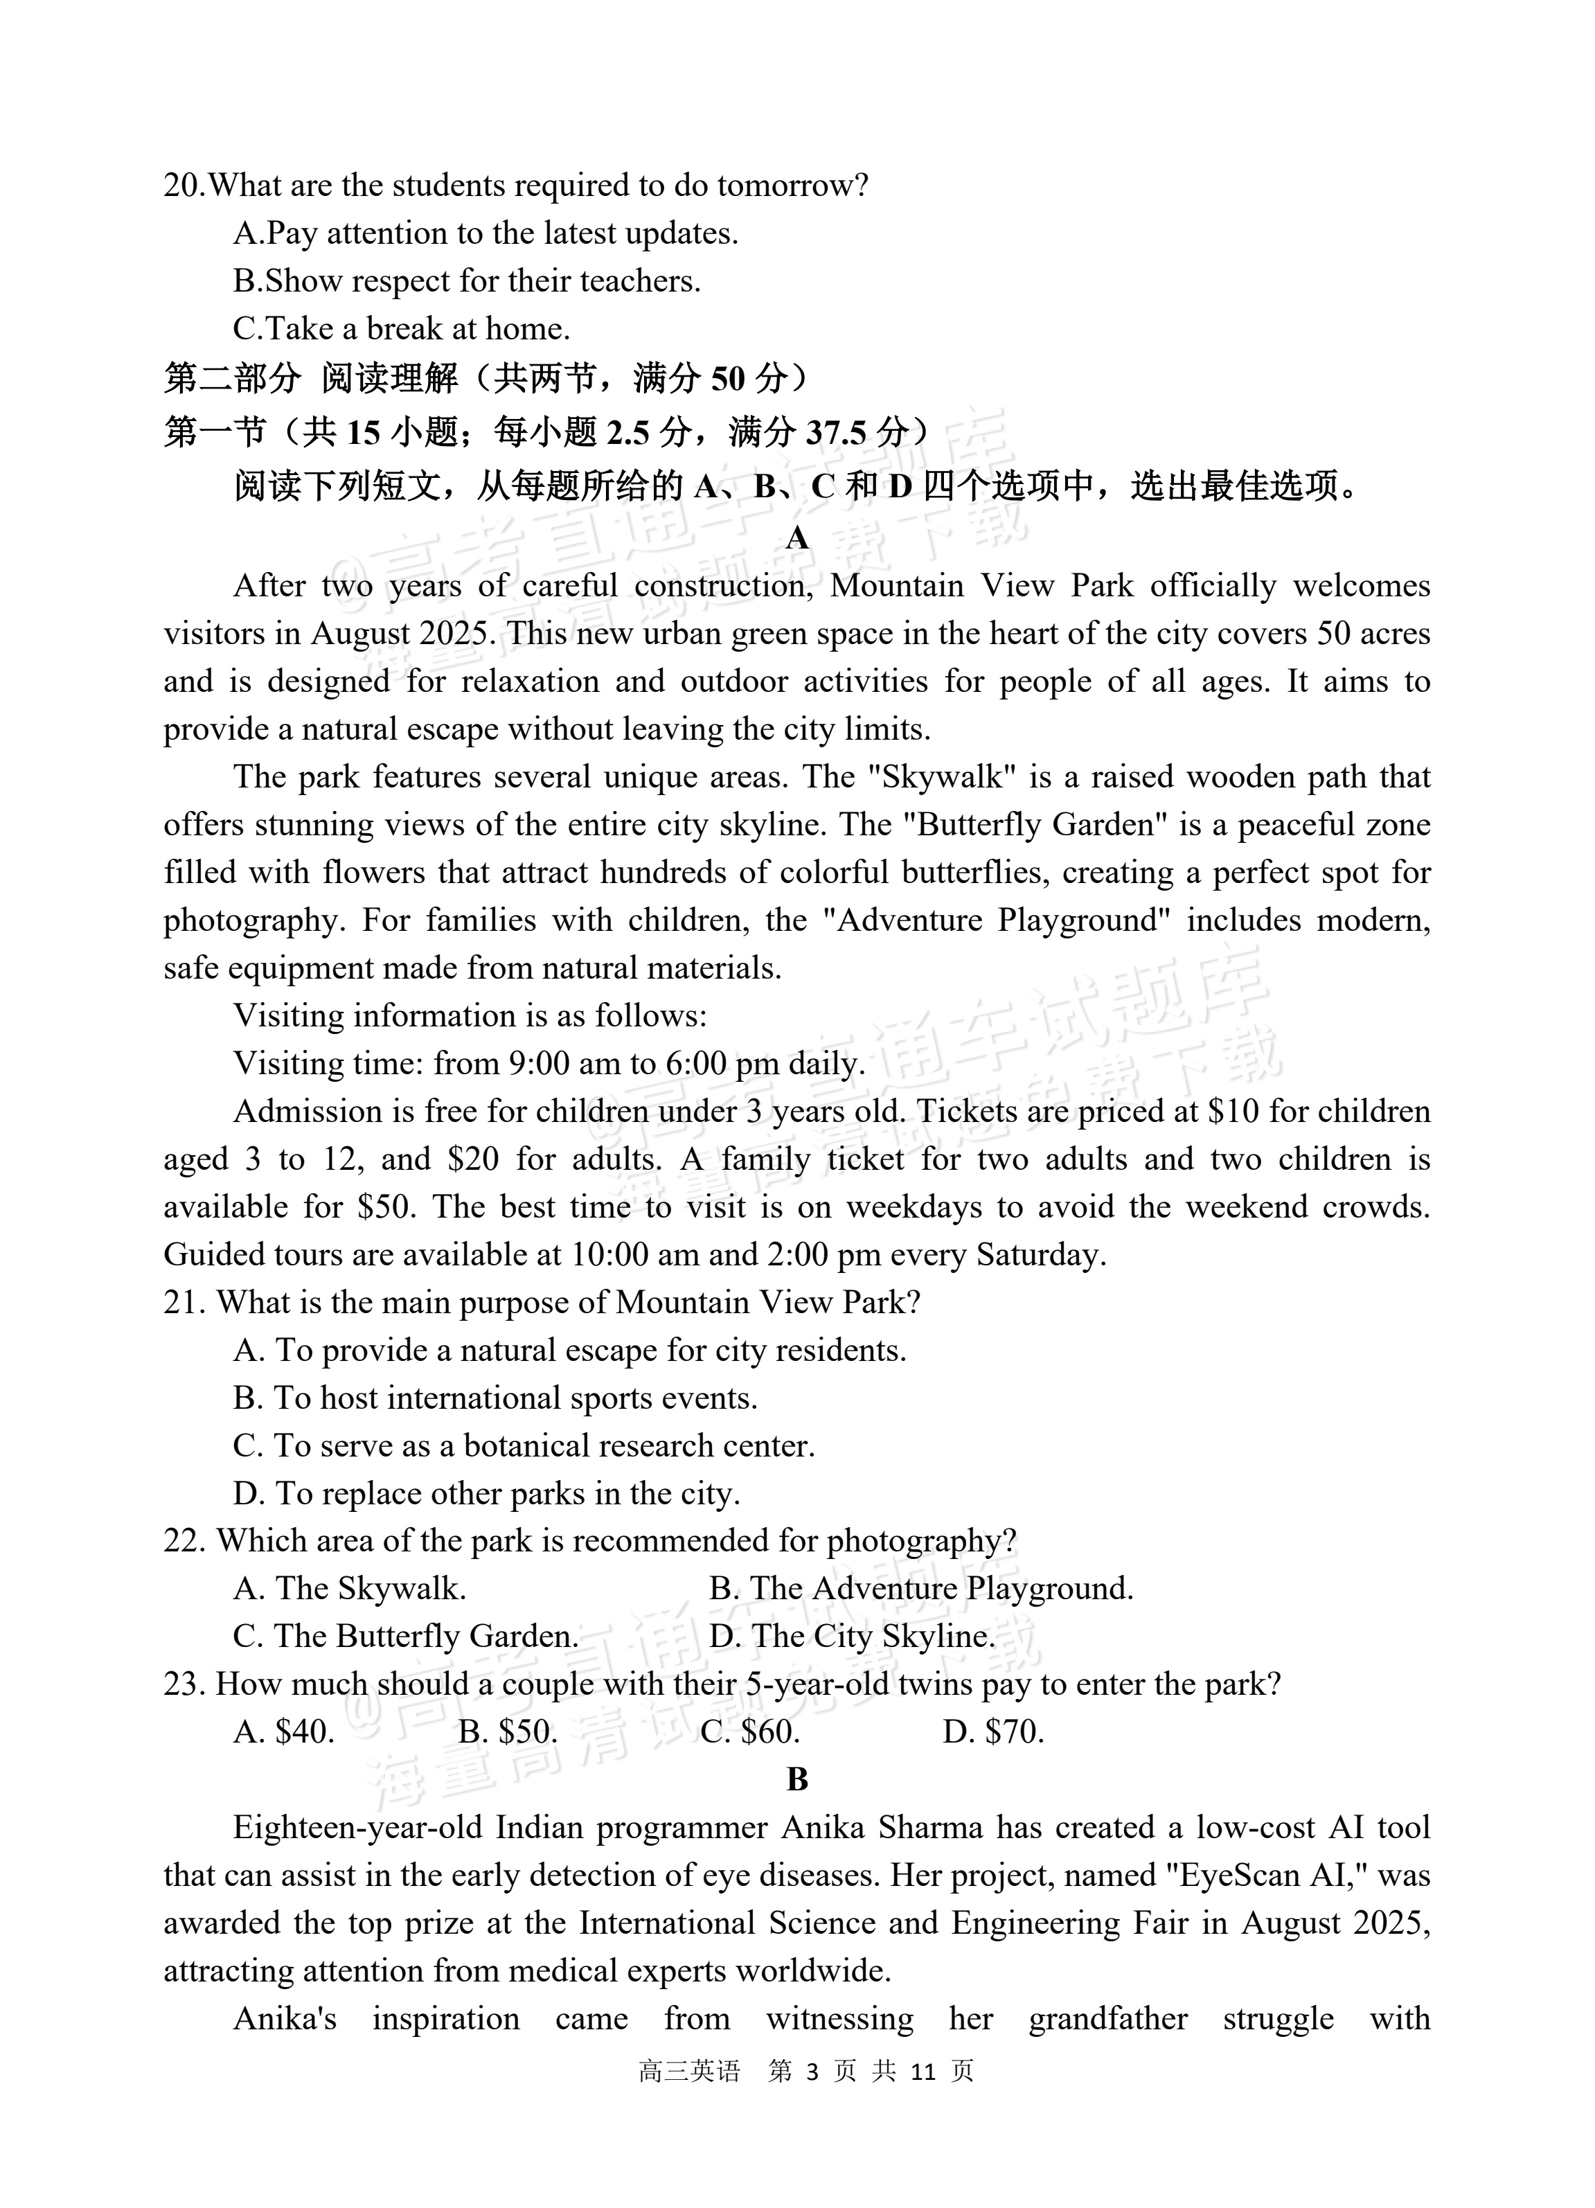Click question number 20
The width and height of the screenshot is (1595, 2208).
184,185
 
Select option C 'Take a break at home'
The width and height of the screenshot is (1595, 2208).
401,328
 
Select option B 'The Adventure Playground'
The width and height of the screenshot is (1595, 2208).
921,1588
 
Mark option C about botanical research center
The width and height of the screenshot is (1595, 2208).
524,1445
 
